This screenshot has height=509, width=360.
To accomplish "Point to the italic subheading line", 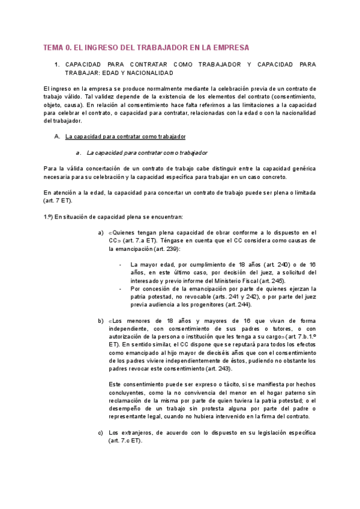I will (147, 152).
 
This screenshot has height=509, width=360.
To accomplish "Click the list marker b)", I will (100, 321).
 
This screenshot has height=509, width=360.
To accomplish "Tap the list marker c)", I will (100, 432).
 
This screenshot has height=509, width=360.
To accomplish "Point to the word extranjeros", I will (138, 432).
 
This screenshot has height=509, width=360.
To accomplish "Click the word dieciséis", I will (214, 352).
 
